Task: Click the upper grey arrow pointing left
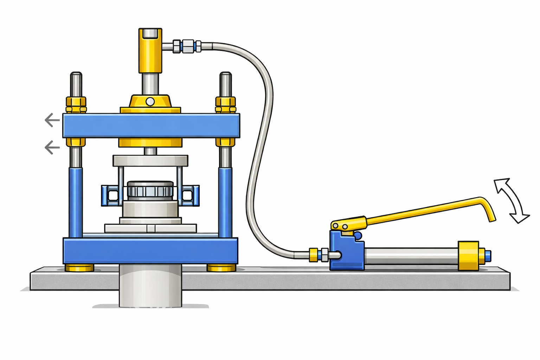tap(52, 120)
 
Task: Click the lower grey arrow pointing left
tap(52, 147)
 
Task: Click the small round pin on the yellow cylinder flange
tap(150, 102)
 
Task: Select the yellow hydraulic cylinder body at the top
tap(150, 53)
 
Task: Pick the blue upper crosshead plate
tap(151, 126)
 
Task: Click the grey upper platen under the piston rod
tap(150, 161)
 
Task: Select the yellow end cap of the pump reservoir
tap(469, 256)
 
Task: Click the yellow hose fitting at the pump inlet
tap(313, 255)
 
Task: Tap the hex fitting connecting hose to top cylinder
tap(188, 46)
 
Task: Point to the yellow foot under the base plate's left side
tap(80, 268)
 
